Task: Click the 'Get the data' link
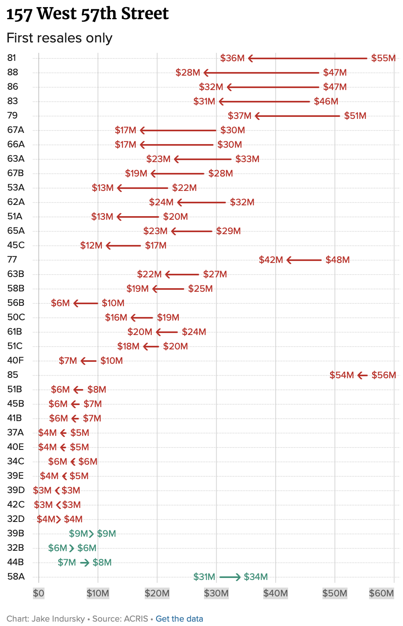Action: click(x=179, y=619)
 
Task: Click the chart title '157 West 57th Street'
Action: click(x=87, y=14)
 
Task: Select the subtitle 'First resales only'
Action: click(x=59, y=38)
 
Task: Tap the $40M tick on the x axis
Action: click(x=275, y=593)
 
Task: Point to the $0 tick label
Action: click(x=38, y=593)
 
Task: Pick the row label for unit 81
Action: click(x=12, y=58)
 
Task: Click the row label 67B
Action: click(x=16, y=173)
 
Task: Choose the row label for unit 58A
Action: click(x=16, y=577)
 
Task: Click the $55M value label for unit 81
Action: click(x=383, y=58)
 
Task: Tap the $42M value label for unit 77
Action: click(x=271, y=260)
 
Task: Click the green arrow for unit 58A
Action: click(x=230, y=577)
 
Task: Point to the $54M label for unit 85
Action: click(x=342, y=375)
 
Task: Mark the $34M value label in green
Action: click(x=256, y=577)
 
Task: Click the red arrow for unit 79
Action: click(x=297, y=116)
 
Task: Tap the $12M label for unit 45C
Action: click(x=91, y=246)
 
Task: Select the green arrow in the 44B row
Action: click(x=85, y=563)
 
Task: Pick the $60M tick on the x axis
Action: click(x=381, y=593)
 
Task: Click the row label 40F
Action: click(x=16, y=361)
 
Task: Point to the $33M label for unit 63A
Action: click(x=247, y=159)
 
